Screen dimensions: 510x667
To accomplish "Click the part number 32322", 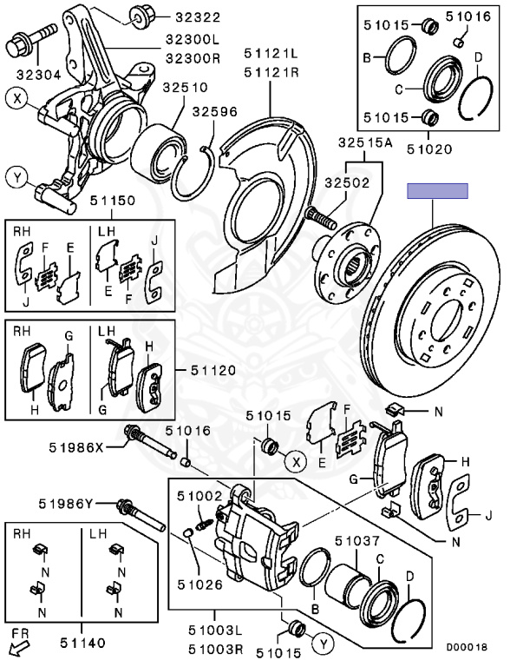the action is click(x=198, y=17).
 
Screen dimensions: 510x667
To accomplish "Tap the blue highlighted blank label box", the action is click(x=438, y=191).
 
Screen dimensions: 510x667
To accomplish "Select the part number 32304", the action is click(x=39, y=75).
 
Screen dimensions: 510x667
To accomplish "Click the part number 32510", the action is click(x=186, y=88).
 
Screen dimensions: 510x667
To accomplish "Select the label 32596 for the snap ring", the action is click(x=214, y=112).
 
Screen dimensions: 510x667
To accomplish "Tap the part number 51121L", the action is click(x=271, y=54).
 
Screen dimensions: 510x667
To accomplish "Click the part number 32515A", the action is click(x=365, y=143).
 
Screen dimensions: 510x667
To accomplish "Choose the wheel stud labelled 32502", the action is click(x=320, y=217).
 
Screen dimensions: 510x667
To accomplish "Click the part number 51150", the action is click(x=112, y=201).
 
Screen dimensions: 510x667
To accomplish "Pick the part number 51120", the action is click(x=212, y=370).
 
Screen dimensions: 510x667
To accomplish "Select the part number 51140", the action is click(x=82, y=644).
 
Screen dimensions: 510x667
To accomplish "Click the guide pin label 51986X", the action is click(x=76, y=447).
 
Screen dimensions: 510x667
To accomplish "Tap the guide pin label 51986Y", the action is click(x=65, y=504).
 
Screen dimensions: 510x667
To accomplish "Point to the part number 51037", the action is click(x=357, y=541).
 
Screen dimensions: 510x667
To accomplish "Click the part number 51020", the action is click(x=429, y=149).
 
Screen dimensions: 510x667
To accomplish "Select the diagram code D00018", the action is click(x=467, y=647).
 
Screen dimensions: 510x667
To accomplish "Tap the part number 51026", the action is click(x=199, y=584).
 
